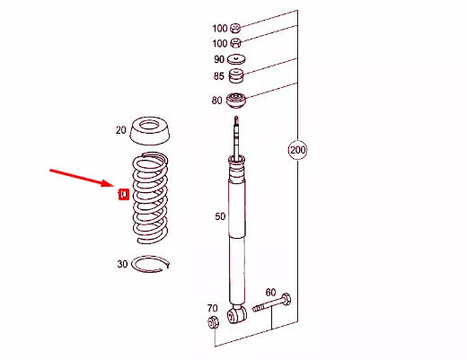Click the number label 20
[x=121, y=130]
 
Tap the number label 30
[x=122, y=264]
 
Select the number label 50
[x=219, y=217]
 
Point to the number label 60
[x=269, y=293]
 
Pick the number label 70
[x=212, y=308]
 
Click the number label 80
[x=216, y=101]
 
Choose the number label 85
[x=218, y=76]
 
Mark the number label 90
[x=218, y=60]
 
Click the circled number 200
[x=298, y=150]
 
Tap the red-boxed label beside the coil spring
[x=124, y=192]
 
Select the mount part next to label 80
[x=237, y=100]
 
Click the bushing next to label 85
[x=237, y=75]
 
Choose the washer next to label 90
[x=237, y=59]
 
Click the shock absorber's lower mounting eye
[x=237, y=314]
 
